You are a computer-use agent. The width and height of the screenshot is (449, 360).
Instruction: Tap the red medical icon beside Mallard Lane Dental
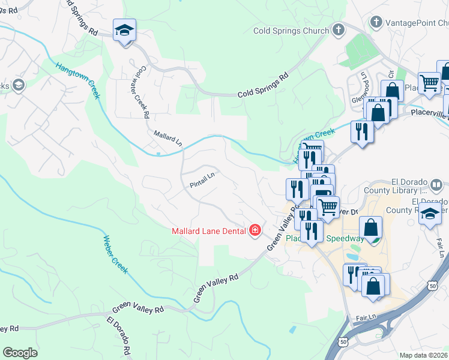pos(255,230)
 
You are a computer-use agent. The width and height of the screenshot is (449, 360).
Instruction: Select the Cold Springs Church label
pos(291,31)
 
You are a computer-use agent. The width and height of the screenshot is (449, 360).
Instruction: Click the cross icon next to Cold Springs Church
pos(339,29)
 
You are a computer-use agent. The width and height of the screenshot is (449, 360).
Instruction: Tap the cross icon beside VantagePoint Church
pos(376,22)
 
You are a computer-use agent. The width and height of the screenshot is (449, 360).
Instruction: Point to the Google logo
pos(20,353)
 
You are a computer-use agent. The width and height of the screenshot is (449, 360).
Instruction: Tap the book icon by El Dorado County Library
pos(438,184)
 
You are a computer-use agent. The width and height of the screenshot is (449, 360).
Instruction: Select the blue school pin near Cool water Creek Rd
pos(124,31)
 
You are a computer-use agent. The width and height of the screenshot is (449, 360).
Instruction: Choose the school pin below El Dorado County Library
pos(430,213)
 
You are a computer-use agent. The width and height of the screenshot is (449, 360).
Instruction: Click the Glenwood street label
pos(363,78)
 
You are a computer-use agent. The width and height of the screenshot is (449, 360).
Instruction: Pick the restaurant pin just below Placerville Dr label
pos(361,130)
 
